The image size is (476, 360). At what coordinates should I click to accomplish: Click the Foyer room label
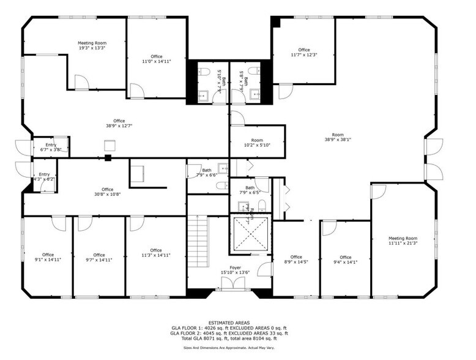click(235, 270)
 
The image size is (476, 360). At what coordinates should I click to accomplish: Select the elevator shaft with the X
click(249, 234)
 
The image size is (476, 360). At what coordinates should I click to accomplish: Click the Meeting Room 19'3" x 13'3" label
click(92, 45)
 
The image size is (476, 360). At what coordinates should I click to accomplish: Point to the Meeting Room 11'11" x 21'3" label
click(403, 241)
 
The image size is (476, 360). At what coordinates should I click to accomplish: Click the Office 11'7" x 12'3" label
click(304, 52)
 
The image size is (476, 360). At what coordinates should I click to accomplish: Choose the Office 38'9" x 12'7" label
click(119, 123)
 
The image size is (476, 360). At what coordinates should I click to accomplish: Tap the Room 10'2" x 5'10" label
click(257, 142)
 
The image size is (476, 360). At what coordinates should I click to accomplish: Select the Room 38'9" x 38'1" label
click(338, 137)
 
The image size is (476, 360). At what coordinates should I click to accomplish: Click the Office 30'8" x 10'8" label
click(108, 192)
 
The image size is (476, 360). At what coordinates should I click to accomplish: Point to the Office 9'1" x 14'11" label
click(48, 257)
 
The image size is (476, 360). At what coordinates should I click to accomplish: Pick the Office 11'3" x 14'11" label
click(156, 252)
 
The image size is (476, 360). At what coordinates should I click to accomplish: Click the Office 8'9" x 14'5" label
click(296, 260)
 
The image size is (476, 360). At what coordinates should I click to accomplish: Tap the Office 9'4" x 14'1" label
click(346, 260)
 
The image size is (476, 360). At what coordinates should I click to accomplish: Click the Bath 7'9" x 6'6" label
click(207, 173)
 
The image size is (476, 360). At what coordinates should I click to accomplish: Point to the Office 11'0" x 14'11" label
click(157, 59)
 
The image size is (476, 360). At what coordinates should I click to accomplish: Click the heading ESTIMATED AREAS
click(229, 323)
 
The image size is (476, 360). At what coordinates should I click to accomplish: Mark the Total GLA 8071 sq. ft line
click(229, 339)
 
